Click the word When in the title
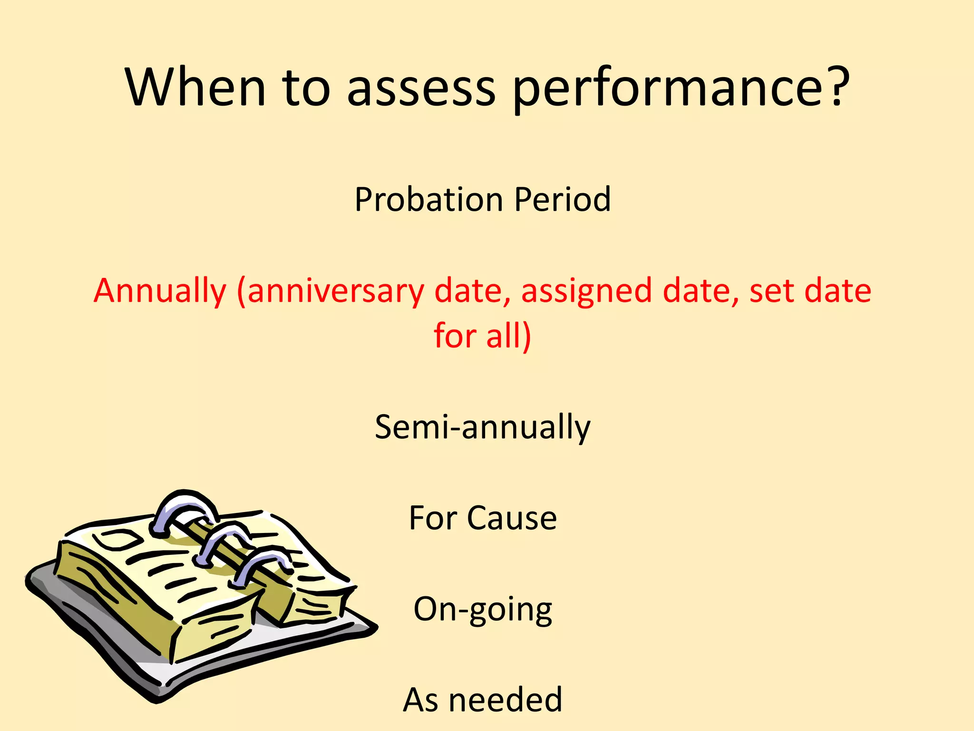(195, 88)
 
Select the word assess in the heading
(421, 88)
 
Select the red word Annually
(160, 291)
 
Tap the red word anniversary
(336, 291)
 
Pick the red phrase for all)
(482, 336)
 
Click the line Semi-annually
(482, 427)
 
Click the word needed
(505, 700)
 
